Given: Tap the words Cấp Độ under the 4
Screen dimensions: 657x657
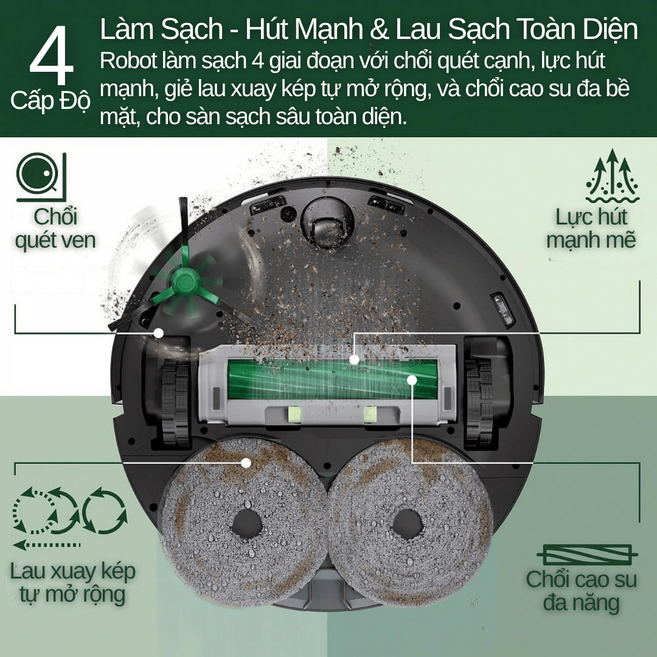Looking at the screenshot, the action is click(50, 101).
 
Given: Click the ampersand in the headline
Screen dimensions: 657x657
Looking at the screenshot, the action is click(379, 29).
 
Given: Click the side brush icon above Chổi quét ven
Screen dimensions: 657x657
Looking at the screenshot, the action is click(41, 177).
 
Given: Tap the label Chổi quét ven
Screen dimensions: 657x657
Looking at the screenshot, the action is click(55, 228).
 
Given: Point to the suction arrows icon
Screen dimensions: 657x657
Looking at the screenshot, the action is click(612, 176).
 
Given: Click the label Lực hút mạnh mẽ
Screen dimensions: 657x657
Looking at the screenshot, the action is click(591, 228).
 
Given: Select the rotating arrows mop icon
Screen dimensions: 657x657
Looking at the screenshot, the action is click(69, 518).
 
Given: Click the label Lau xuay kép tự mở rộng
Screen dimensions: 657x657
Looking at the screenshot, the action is click(72, 583).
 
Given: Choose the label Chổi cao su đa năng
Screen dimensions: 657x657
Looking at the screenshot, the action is click(582, 591).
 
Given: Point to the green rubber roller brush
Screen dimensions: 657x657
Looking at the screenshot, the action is click(332, 380).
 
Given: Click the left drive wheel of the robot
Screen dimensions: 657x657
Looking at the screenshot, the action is click(176, 402).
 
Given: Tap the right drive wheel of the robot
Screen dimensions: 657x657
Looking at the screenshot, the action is click(479, 402).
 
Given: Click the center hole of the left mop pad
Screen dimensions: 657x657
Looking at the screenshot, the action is click(247, 524).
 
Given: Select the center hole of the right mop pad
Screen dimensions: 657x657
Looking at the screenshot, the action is click(407, 524).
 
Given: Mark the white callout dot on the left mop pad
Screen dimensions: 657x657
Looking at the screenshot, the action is click(246, 463).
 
